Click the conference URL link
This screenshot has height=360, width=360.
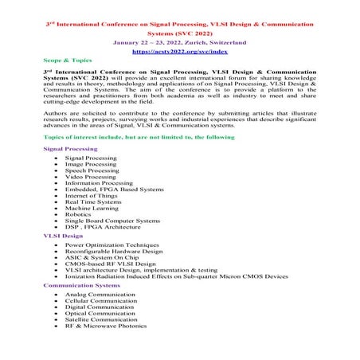[x=179, y=50]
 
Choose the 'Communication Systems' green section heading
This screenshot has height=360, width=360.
[x=81, y=284]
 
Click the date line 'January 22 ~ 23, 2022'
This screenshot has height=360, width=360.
[x=179, y=41]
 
